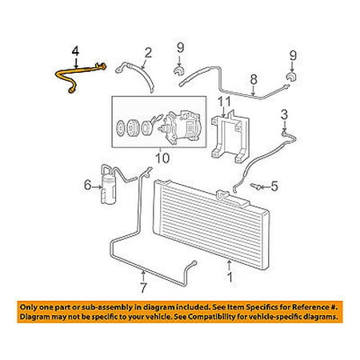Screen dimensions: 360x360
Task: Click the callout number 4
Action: [x=76, y=52]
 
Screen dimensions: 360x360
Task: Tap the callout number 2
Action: [x=148, y=53]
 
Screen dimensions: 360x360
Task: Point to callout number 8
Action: [x=254, y=80]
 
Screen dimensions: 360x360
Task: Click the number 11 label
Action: [x=225, y=102]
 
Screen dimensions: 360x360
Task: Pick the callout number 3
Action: [x=285, y=114]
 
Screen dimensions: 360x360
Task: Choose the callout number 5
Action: [x=274, y=186]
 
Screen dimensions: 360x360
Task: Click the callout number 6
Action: [x=88, y=185]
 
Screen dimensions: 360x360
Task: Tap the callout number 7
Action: [x=143, y=287]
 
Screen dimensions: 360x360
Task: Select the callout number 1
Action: [x=230, y=278]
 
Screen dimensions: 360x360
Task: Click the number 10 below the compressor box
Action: [x=162, y=158]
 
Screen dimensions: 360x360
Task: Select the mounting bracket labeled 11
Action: [x=230, y=137]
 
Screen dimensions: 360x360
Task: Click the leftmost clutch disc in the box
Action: [x=121, y=129]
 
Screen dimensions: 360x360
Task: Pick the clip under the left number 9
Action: [x=179, y=71]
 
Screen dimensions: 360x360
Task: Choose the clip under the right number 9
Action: [x=292, y=77]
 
